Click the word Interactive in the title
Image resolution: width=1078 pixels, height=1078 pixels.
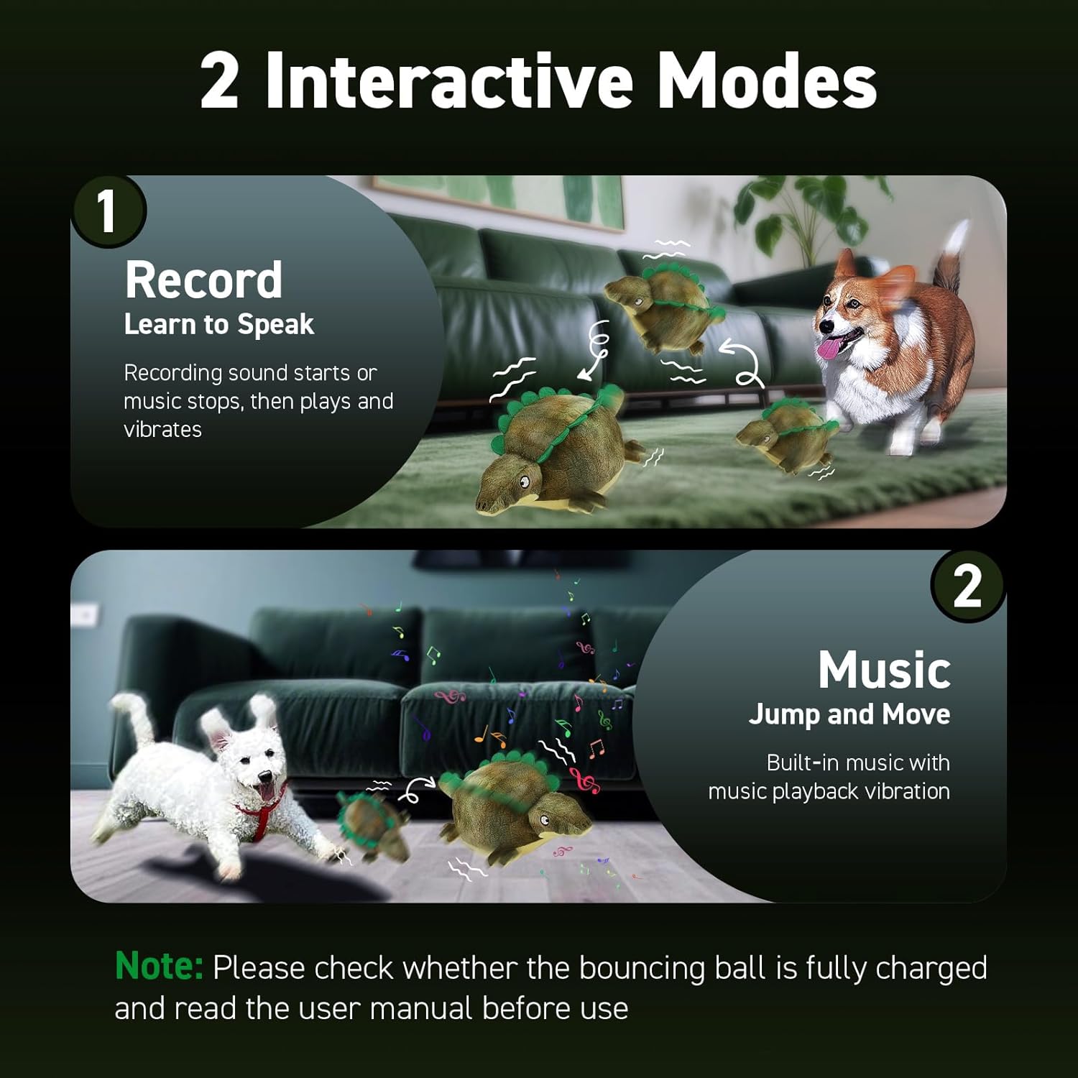448,80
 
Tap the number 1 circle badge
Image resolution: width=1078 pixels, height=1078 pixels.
108,211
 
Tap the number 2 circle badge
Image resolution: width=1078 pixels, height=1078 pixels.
967,586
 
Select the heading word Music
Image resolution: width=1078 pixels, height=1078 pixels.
884,670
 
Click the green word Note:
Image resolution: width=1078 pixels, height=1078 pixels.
159,967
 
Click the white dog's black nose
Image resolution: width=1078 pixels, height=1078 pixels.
264,777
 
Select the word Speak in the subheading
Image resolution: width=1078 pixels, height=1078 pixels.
276,325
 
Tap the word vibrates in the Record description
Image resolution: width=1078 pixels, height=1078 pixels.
162,430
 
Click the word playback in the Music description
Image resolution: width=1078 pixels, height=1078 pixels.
827,791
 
